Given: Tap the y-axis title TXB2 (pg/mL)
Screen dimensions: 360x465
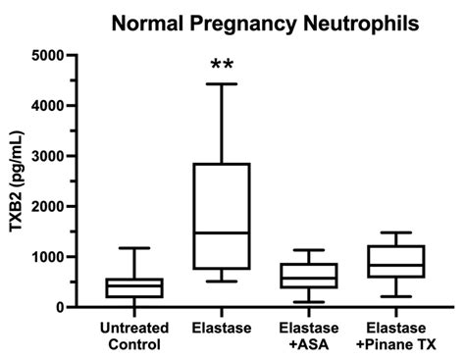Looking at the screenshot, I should click(17, 180).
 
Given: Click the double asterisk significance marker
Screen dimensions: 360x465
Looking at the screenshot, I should click(222, 66).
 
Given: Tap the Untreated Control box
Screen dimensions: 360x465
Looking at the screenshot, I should click(134, 287).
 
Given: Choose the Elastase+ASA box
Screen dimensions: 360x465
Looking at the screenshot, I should click(308, 276).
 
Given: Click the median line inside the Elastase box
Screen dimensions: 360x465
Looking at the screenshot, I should click(222, 232).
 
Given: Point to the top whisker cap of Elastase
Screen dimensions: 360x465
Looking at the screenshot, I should click(222, 84).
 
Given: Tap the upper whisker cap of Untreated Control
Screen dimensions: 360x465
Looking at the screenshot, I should click(134, 248).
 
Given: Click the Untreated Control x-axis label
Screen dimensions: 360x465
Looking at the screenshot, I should click(134, 334).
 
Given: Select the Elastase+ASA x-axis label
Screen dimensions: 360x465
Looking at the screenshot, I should click(308, 334).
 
